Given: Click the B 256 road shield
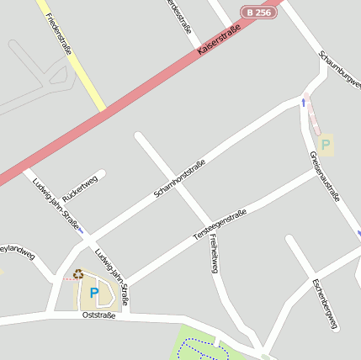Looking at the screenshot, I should coord(257,13).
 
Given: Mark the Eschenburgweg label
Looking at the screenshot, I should coord(324,303).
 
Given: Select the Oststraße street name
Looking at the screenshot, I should coord(98,315).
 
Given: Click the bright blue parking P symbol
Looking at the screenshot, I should coord(94,293).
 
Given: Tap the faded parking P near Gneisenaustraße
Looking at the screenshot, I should coord(326,144).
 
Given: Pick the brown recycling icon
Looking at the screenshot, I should coord(78,273).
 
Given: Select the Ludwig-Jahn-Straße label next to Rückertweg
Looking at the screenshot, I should coord(56,204).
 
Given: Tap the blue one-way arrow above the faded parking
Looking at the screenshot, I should coord(304,103).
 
